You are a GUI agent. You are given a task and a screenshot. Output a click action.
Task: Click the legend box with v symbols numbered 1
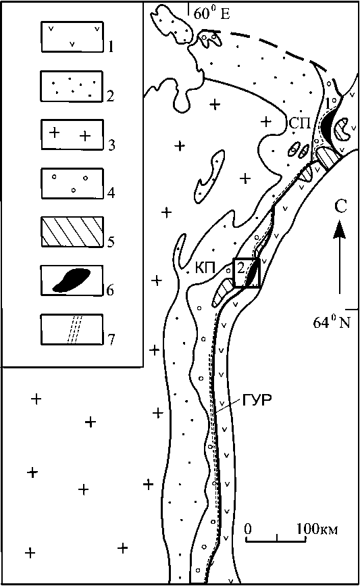(x=72, y=36)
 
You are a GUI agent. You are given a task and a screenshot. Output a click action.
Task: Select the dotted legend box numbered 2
(x=72, y=86)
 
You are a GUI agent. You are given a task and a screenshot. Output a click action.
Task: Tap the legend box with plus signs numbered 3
(x=72, y=135)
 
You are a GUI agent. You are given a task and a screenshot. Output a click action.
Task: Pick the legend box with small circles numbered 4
(x=72, y=183)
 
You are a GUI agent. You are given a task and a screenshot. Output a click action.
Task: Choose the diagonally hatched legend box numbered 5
(x=72, y=232)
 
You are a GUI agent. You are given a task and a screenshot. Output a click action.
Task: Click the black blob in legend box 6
(x=72, y=280)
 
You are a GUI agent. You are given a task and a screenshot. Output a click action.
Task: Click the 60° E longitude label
(x=211, y=14)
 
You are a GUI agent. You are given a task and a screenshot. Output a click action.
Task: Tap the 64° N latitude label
(x=332, y=322)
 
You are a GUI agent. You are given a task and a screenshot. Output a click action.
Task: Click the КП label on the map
(x=205, y=268)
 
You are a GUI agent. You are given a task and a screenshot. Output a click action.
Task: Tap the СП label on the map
(x=299, y=123)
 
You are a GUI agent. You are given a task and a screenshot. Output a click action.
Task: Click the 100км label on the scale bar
(x=317, y=529)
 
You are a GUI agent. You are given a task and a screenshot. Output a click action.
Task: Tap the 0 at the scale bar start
(x=249, y=529)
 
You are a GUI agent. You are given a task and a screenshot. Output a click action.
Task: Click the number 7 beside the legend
(x=111, y=340)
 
